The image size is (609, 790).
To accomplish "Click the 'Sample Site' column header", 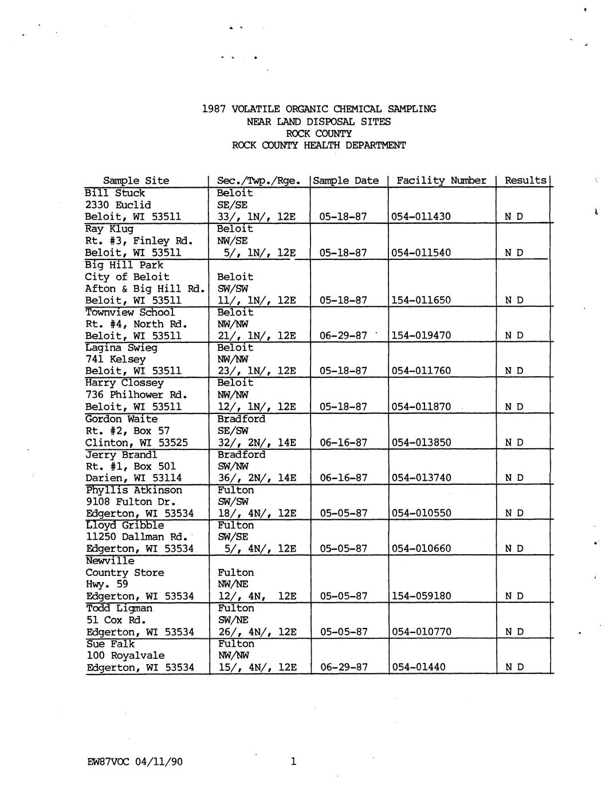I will click(x=136, y=181).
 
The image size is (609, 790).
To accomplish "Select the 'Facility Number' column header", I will click(x=441, y=181).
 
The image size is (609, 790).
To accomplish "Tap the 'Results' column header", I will click(x=525, y=180).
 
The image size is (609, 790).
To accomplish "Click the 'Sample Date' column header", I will click(x=346, y=181).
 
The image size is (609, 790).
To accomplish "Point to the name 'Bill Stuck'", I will click(x=115, y=193).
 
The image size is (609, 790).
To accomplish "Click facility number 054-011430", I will click(x=421, y=217).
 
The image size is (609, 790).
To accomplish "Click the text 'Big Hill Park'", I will click(x=124, y=265).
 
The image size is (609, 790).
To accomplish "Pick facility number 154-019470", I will click(x=421, y=335).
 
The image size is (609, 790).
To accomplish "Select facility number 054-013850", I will click(x=421, y=443).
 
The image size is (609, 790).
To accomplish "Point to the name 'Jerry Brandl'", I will click(x=121, y=455).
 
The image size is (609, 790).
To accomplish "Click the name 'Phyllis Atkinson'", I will click(x=134, y=490).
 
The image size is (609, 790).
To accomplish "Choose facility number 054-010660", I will click(x=421, y=548).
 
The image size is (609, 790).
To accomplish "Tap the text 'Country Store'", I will click(x=124, y=573).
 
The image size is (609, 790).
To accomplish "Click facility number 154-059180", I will click(x=421, y=596).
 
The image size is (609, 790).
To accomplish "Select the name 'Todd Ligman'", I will click(x=119, y=609).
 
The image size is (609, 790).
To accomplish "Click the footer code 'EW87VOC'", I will click(x=109, y=762).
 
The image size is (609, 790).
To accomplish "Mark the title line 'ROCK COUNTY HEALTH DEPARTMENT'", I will click(x=319, y=145).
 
